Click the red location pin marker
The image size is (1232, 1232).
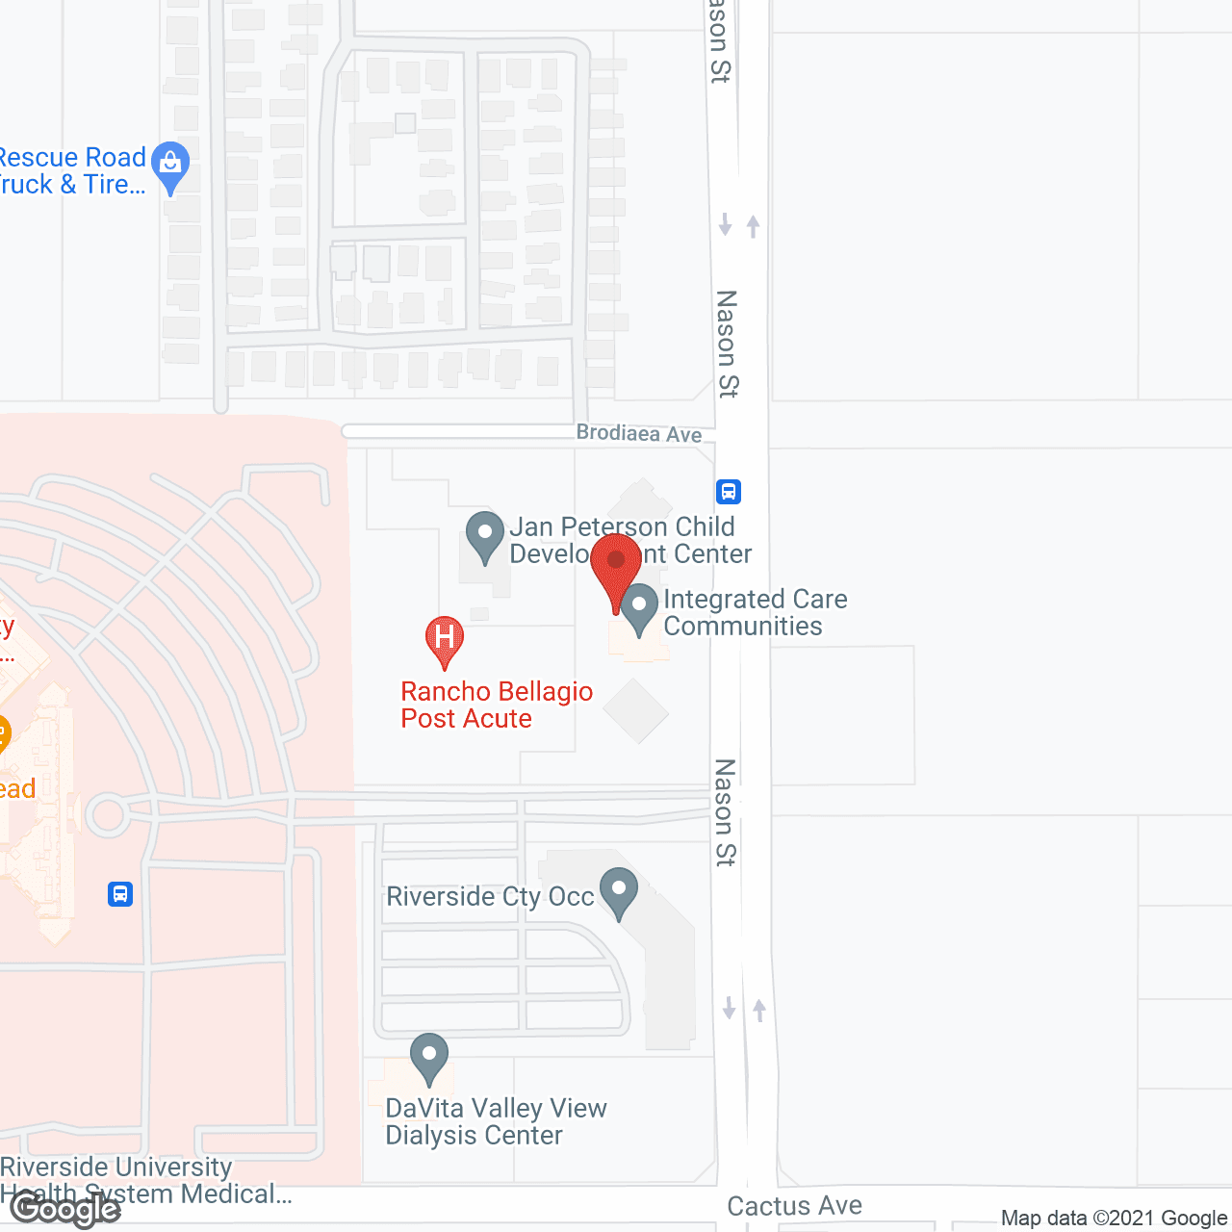point(616,563)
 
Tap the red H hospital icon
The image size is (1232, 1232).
point(445,639)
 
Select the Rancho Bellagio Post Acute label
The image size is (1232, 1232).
point(496,705)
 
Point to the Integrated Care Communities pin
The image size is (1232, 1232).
point(639,608)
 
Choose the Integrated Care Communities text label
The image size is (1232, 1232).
point(755,612)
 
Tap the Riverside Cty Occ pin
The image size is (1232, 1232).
point(619,891)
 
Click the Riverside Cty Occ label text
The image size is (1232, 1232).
point(490,896)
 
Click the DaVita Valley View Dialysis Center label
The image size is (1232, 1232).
point(496,1121)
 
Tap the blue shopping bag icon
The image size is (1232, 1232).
point(171,166)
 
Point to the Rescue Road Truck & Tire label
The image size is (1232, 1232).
point(71,170)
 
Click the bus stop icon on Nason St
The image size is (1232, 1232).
point(729,492)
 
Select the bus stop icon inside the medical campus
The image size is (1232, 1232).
point(120,894)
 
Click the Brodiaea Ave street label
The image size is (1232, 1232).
point(639,433)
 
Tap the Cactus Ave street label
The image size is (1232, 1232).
point(794,1205)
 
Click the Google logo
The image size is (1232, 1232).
point(64,1208)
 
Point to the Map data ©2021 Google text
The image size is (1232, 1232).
point(1114,1218)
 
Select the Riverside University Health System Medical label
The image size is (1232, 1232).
point(144,1180)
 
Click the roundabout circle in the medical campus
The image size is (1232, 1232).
point(107,815)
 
